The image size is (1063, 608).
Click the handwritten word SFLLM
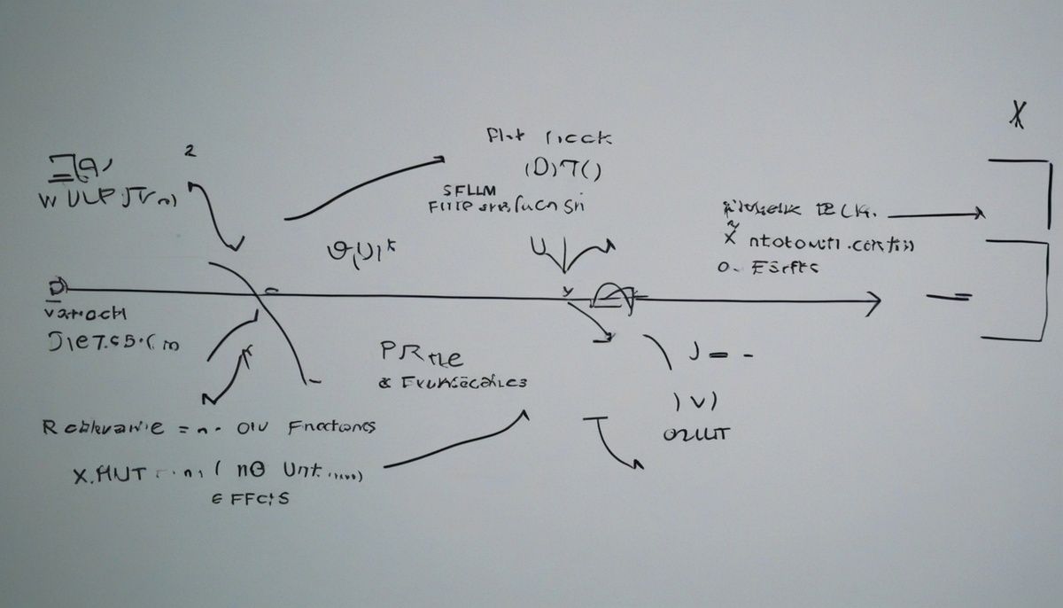point(470,190)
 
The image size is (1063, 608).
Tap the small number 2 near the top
point(188,152)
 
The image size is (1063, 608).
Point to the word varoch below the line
point(85,313)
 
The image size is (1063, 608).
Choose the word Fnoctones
point(331,427)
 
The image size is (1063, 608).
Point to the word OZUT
point(695,434)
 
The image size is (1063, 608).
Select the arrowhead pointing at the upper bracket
point(978,214)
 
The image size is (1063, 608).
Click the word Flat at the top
point(506,137)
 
